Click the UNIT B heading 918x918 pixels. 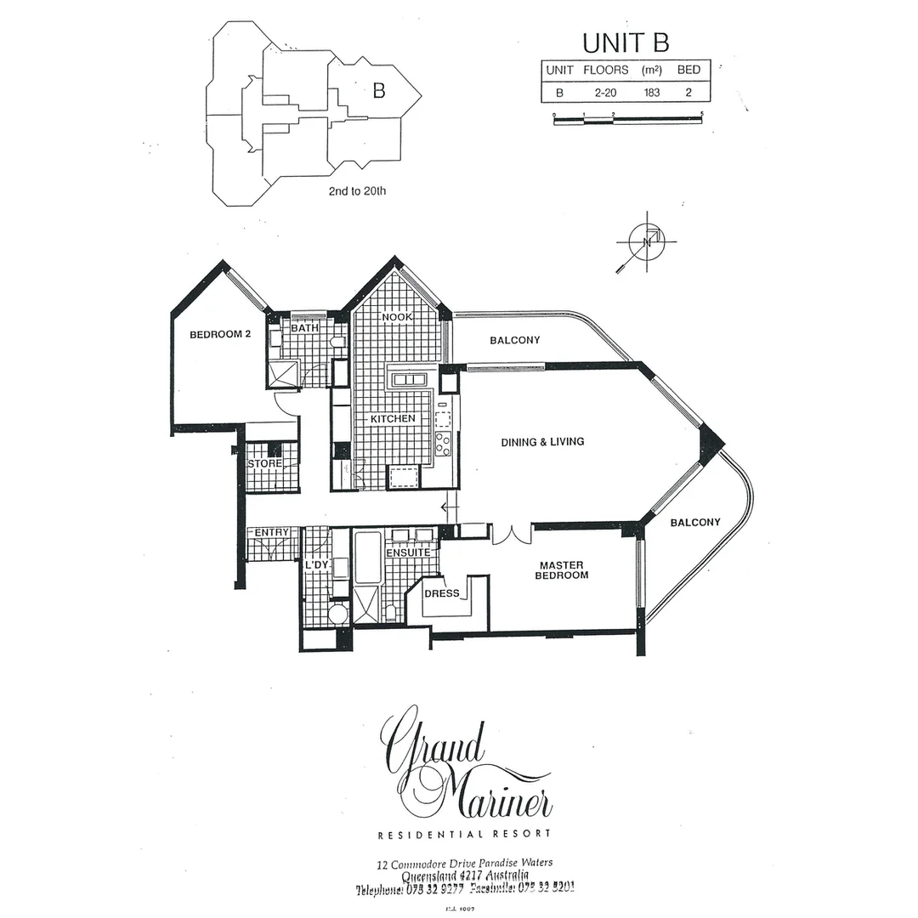point(625,42)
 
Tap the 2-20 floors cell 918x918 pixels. point(605,92)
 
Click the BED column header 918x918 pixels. point(688,70)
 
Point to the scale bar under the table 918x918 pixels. point(628,121)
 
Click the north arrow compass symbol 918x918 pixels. point(646,241)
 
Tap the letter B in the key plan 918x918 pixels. point(378,91)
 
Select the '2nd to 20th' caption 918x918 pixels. point(357,191)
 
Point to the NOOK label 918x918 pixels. point(397,317)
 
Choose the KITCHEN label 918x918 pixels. point(392,419)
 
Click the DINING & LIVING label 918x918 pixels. point(542,441)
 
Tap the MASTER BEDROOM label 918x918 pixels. point(561,570)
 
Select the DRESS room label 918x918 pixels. point(441,593)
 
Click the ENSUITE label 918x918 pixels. point(408,552)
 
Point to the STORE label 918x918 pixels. point(264,463)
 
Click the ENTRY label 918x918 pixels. point(272,532)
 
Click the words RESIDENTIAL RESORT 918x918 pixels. point(465,834)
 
